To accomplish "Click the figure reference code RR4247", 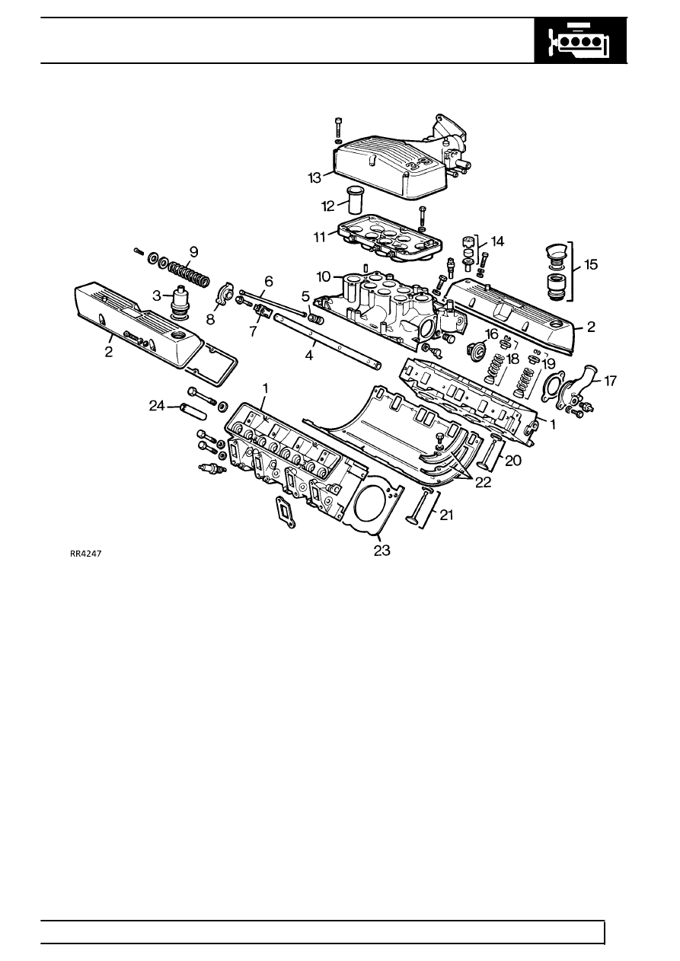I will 86,554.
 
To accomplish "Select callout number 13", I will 315,177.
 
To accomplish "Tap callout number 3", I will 155,296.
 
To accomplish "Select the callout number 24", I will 156,407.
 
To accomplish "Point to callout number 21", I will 445,516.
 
